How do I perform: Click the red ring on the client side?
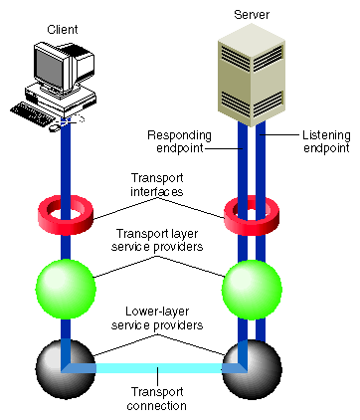(66, 211)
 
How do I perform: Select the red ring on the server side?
(245, 211)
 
